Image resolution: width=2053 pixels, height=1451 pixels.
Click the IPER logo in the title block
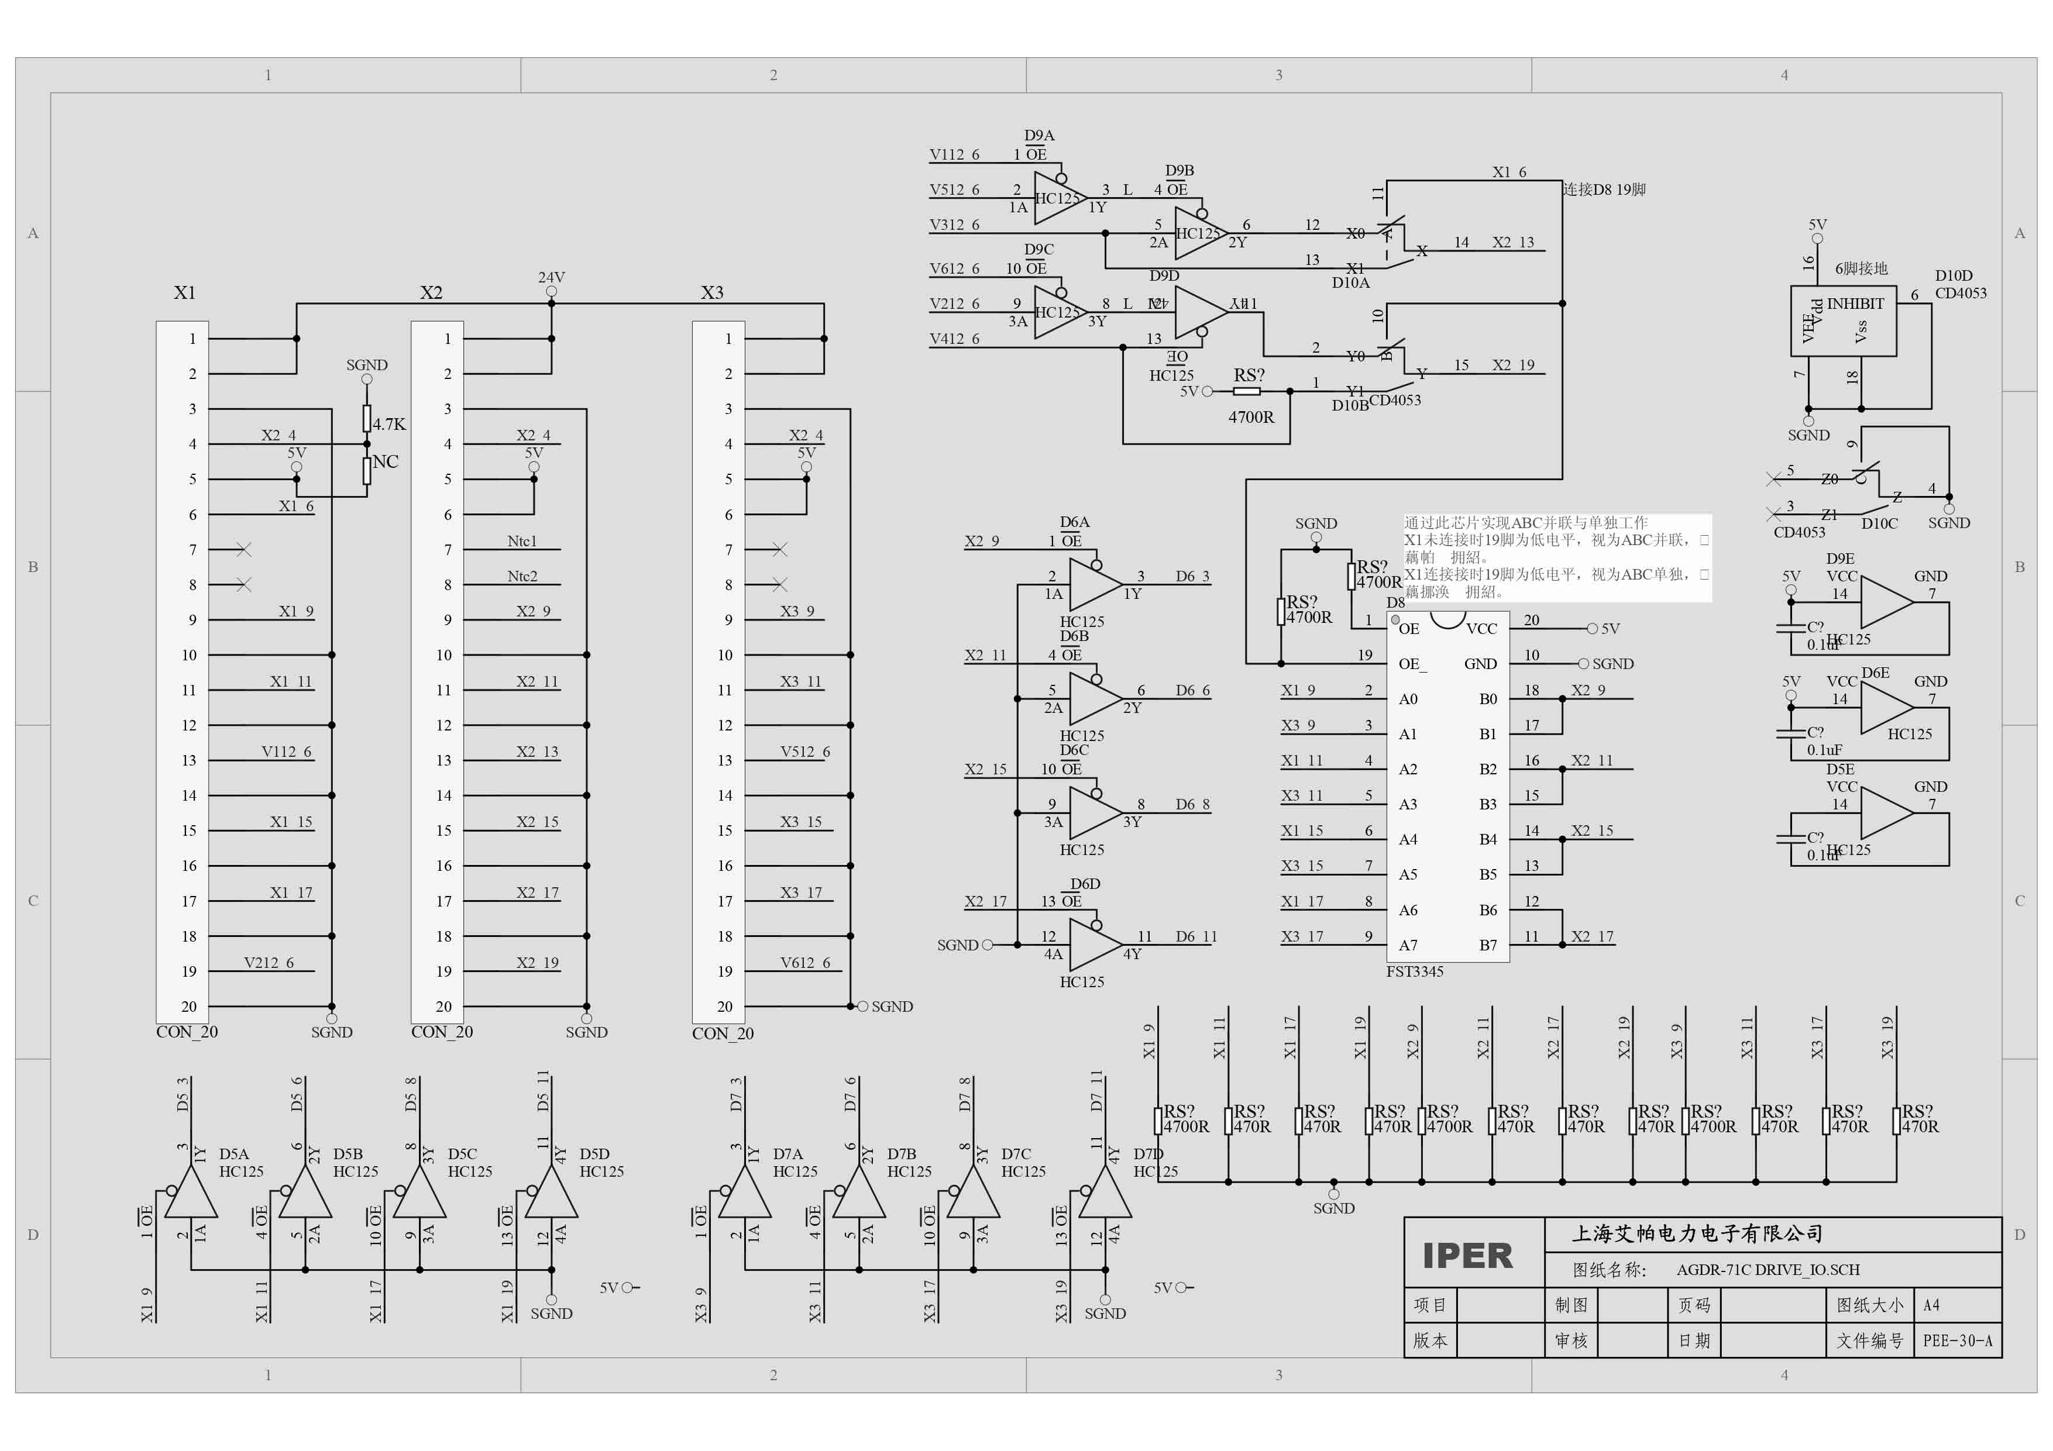click(x=1467, y=1255)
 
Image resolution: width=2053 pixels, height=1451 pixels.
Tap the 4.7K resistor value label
click(x=389, y=424)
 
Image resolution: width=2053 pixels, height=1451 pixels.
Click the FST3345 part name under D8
click(x=1415, y=972)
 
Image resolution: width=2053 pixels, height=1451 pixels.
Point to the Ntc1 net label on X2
click(x=522, y=541)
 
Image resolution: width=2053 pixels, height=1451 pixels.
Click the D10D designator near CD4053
click(x=1954, y=275)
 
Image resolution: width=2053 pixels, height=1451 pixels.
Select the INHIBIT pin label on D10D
click(x=1855, y=303)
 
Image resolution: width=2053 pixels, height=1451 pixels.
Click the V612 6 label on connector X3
click(x=804, y=963)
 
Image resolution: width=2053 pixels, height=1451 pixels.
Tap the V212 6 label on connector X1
click(x=268, y=963)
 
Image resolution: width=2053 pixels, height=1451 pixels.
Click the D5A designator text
click(x=234, y=1154)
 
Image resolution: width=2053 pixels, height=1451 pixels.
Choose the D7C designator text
click(x=1016, y=1154)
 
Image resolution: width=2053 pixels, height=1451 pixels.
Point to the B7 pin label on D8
click(x=1487, y=945)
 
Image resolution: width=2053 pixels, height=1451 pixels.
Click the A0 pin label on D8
click(x=1408, y=699)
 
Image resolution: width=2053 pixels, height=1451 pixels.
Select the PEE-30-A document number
click(x=1957, y=1341)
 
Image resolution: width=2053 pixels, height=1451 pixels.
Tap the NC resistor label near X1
click(x=386, y=461)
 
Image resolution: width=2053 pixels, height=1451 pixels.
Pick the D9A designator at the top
click(x=1039, y=135)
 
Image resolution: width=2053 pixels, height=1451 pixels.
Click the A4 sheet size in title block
click(x=1931, y=1305)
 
